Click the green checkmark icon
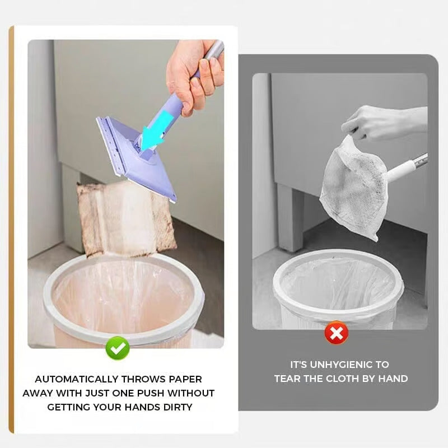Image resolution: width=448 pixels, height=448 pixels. point(118,348)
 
